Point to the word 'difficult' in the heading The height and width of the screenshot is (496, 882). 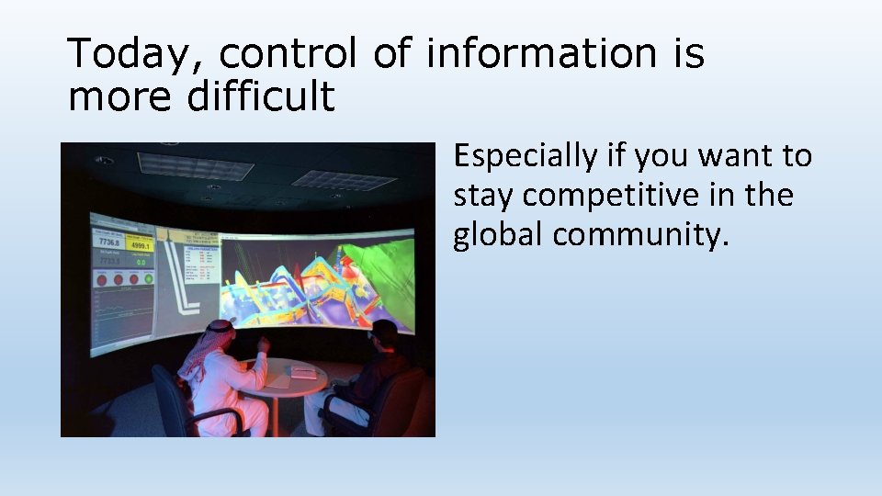point(261,96)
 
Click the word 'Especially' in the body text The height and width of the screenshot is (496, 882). point(526,157)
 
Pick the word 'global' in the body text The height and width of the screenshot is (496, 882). point(497,234)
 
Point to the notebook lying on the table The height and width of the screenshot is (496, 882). point(303,373)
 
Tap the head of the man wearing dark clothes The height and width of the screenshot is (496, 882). point(384,333)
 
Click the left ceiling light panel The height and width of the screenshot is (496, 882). point(195,165)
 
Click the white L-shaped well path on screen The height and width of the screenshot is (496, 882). point(188,289)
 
